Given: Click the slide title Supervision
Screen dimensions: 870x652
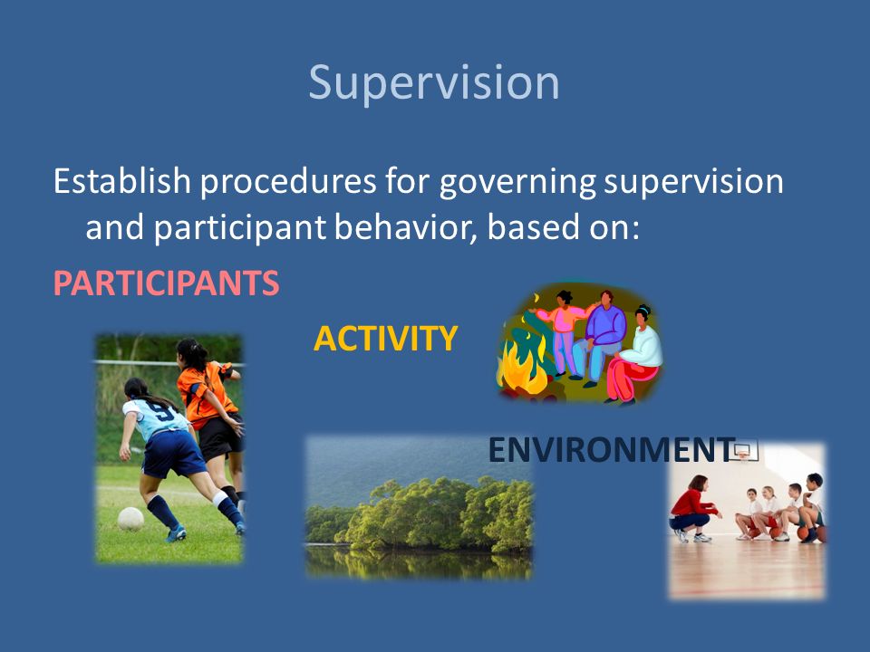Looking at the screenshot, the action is [434, 83].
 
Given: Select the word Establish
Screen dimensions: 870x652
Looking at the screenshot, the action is [122, 181].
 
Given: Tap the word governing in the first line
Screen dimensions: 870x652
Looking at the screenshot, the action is [517, 183].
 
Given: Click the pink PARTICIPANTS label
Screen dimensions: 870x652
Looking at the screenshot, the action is [166, 283].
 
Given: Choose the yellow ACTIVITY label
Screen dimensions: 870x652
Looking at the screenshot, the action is [386, 338].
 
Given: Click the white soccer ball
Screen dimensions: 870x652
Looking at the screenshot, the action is [130, 519].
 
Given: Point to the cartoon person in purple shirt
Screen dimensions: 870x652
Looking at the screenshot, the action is [600, 338].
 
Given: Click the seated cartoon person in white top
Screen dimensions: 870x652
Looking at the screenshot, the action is [636, 355].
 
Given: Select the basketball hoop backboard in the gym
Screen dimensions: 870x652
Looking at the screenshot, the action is [743, 450].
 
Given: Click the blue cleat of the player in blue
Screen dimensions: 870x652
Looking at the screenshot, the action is [177, 534].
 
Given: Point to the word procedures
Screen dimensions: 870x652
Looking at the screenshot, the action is [288, 183].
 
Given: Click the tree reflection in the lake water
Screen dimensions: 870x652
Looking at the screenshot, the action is [419, 562].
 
